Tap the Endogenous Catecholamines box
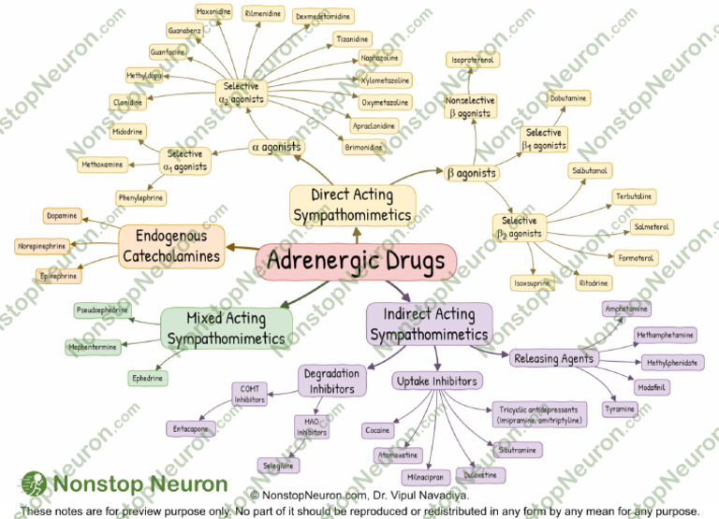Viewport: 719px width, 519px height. click(172, 246)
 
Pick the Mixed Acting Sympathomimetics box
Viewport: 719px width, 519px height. click(227, 328)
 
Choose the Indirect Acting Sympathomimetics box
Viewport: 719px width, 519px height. click(429, 324)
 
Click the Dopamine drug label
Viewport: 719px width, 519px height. click(61, 216)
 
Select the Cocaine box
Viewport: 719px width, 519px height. click(378, 431)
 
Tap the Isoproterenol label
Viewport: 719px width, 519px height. click(473, 61)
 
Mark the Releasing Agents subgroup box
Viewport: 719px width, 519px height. click(552, 358)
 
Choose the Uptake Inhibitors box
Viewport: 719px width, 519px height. click(437, 381)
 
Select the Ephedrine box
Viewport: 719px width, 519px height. click(148, 379)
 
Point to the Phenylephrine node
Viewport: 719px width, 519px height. click(141, 198)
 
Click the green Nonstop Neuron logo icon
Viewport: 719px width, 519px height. click(33, 484)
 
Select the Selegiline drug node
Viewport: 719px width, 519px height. click(278, 465)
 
